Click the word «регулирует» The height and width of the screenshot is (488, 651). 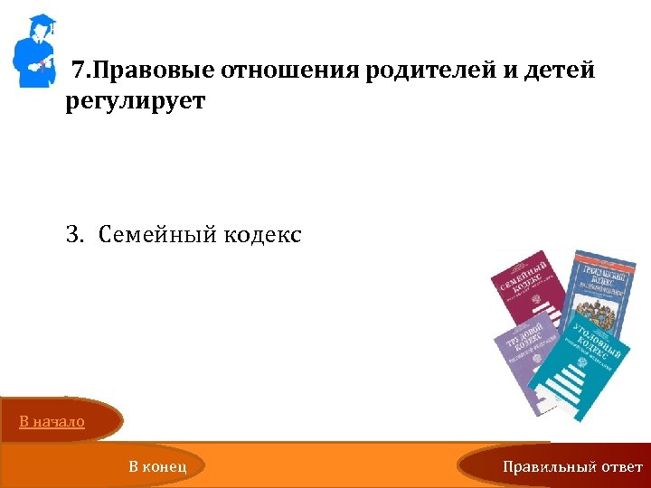point(136,101)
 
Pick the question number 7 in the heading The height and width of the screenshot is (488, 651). point(79,70)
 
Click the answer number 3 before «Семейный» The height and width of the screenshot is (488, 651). point(72,236)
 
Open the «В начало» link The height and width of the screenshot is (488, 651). point(52,421)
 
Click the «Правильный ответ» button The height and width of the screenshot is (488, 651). point(573,466)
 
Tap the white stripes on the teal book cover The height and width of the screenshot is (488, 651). point(566,379)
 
